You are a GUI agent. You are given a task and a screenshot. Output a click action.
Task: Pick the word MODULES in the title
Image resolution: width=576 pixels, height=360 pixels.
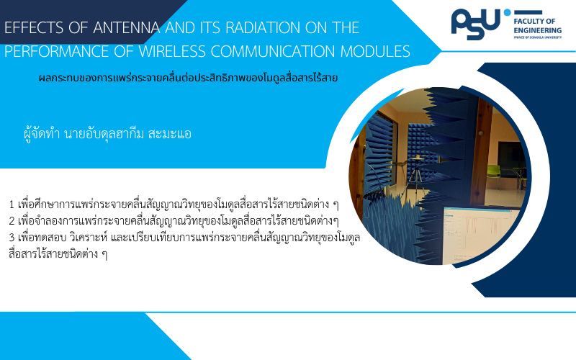pyautogui.click(x=375, y=51)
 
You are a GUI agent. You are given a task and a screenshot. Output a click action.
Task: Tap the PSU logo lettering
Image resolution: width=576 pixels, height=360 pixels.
pyautogui.click(x=475, y=24)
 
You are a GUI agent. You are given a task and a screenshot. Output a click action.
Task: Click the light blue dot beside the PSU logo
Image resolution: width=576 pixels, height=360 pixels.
pyautogui.click(x=508, y=12)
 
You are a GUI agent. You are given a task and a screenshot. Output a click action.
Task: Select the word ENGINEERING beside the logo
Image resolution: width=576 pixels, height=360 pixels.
pyautogui.click(x=538, y=30)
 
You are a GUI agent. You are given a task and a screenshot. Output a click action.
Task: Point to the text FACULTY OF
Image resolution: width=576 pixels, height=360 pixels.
pyautogui.click(x=534, y=22)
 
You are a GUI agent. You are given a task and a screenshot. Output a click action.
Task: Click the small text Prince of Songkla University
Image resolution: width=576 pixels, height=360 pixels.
pyautogui.click(x=538, y=37)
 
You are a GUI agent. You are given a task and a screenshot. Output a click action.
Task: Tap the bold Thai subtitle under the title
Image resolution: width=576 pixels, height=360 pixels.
pyautogui.click(x=188, y=78)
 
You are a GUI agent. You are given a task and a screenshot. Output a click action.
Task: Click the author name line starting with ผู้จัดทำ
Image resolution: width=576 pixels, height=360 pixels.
pyautogui.click(x=107, y=134)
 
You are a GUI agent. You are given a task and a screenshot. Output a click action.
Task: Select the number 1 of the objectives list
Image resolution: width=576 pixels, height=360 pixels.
pyautogui.click(x=12, y=204)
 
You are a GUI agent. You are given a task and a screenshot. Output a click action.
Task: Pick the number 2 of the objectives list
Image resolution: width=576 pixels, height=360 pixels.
pyautogui.click(x=12, y=221)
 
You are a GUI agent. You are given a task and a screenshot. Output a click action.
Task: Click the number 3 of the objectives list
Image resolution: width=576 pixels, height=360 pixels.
pyautogui.click(x=12, y=238)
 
